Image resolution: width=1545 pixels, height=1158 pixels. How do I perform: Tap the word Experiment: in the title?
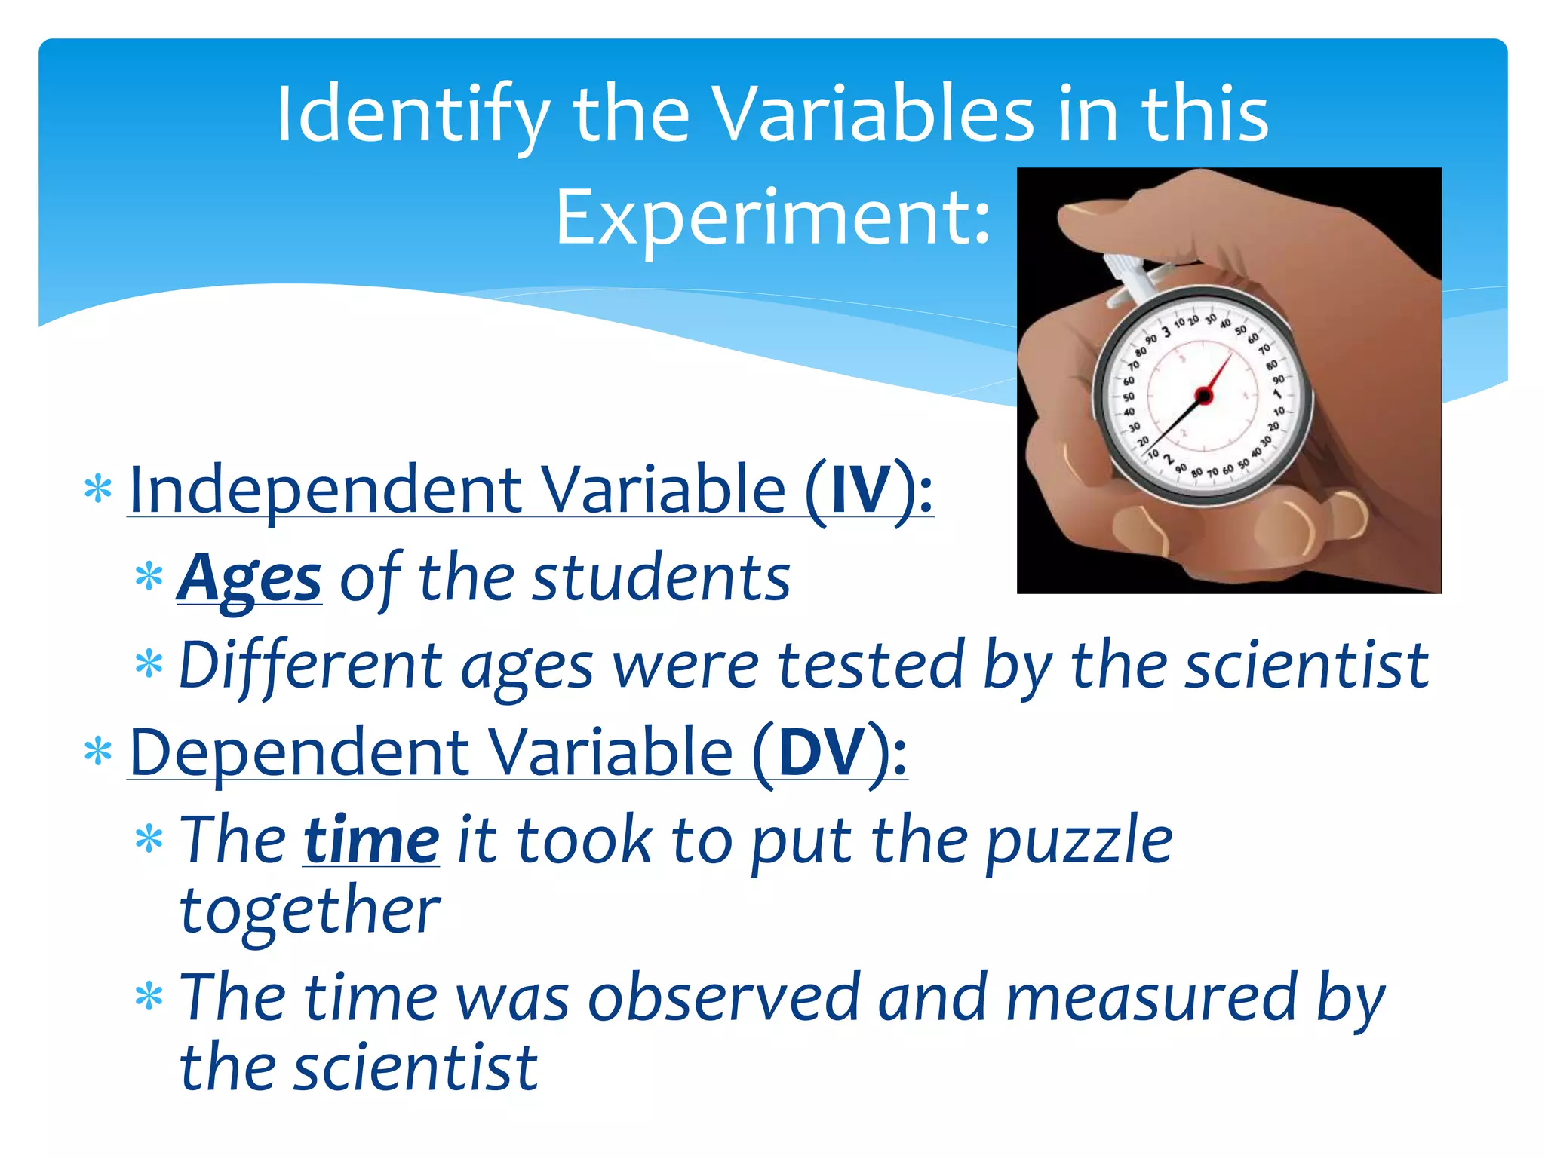point(772,219)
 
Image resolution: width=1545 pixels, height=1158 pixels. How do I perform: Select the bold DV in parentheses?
point(822,752)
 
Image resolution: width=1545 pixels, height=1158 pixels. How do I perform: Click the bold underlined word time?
point(371,841)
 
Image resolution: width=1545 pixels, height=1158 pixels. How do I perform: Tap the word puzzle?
point(1079,841)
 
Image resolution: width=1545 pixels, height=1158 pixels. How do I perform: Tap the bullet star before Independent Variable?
point(98,491)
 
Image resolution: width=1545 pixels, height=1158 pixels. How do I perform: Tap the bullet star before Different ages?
point(149,666)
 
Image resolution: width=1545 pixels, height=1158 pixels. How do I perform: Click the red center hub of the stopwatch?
point(1204,395)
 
